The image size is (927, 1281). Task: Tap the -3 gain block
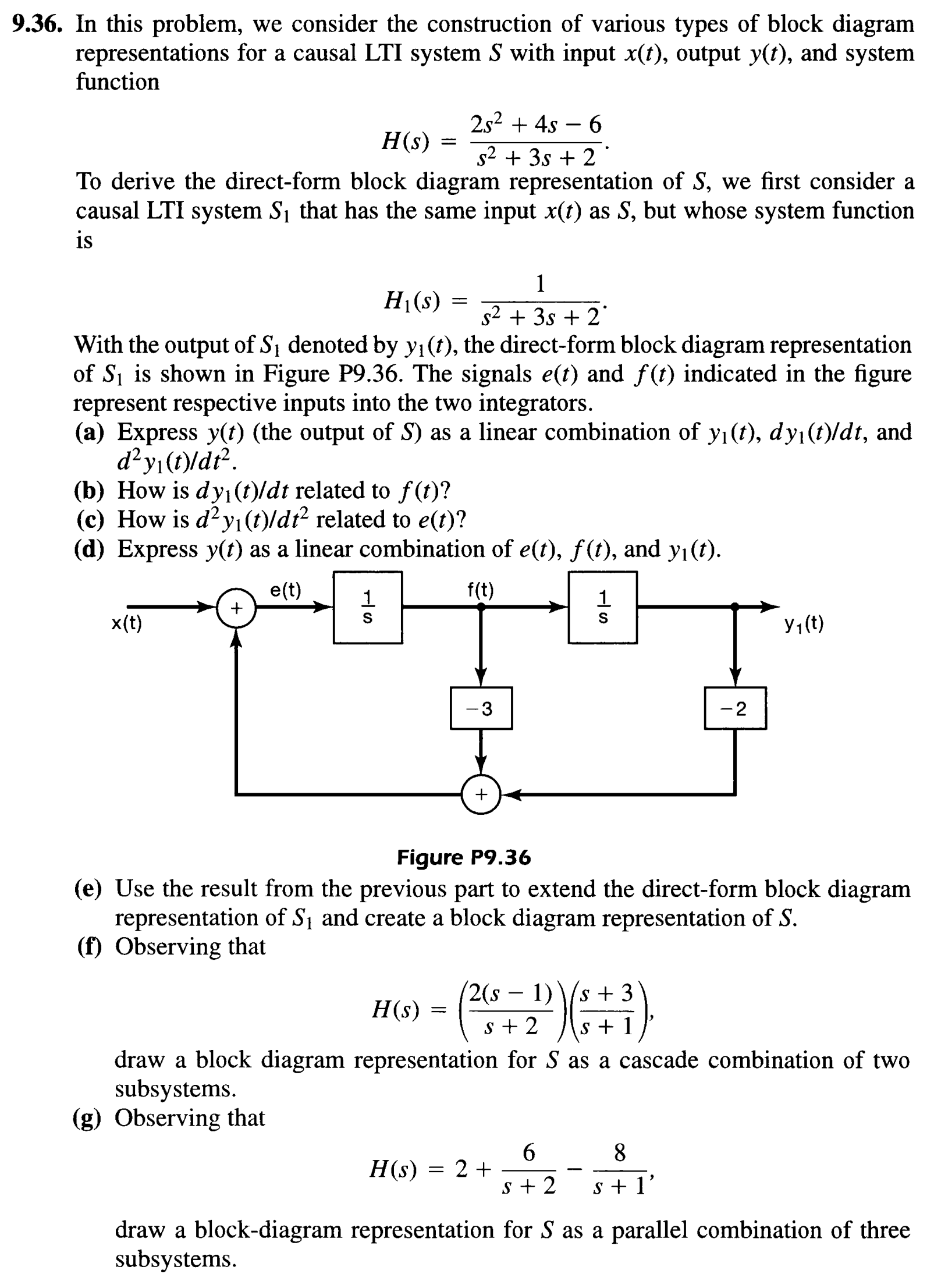481,708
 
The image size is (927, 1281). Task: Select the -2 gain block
734,708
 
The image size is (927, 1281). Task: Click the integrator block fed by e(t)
367,607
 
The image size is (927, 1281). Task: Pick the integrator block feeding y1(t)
602,607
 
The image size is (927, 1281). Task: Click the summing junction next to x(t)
236,608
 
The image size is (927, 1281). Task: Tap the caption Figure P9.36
463,857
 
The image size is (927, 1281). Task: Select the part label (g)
87,1118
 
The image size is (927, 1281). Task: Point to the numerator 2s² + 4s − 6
535,124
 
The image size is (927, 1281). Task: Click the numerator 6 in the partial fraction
528,1152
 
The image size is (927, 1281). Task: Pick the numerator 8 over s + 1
620,1152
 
